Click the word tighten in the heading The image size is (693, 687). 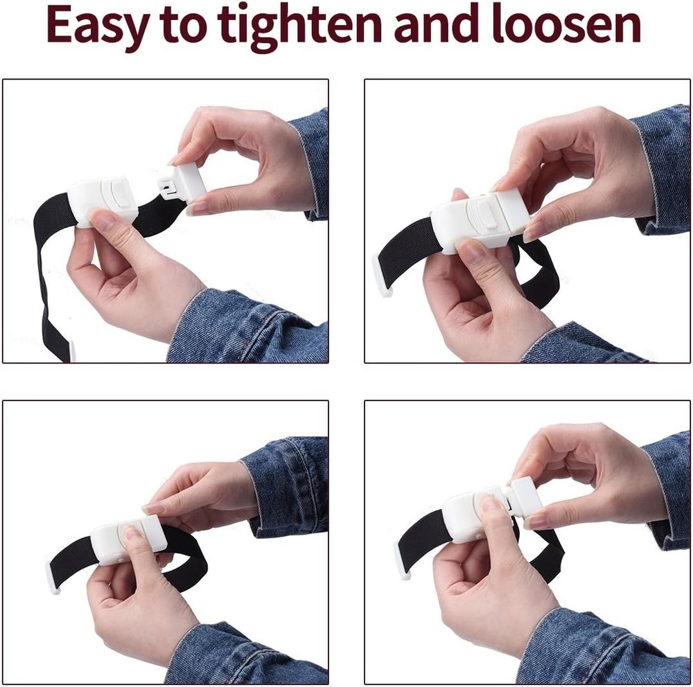coord(284,26)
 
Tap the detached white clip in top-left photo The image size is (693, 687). coord(183,181)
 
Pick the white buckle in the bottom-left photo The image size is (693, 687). coord(128,537)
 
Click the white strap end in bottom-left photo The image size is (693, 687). coord(53,578)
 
